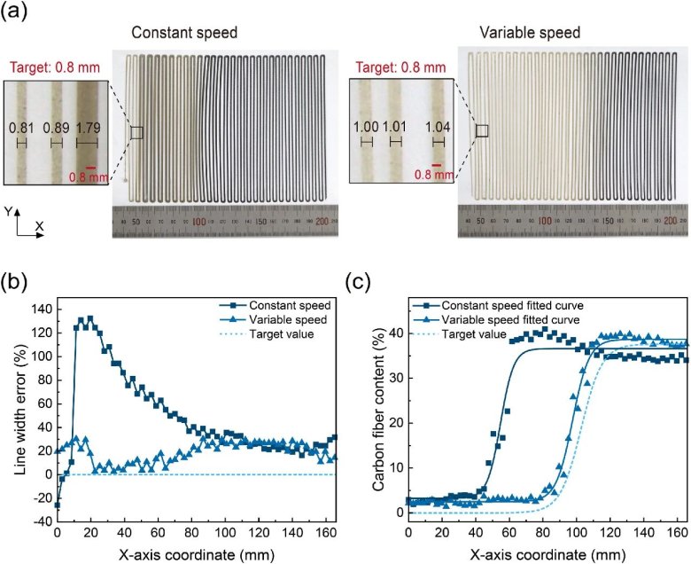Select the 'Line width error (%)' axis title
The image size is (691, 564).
coord(15,414)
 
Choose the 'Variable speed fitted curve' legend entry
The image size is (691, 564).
coord(516,320)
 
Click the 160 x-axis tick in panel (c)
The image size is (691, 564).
coord(677,532)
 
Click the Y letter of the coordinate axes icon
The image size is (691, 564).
coord(8,212)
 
